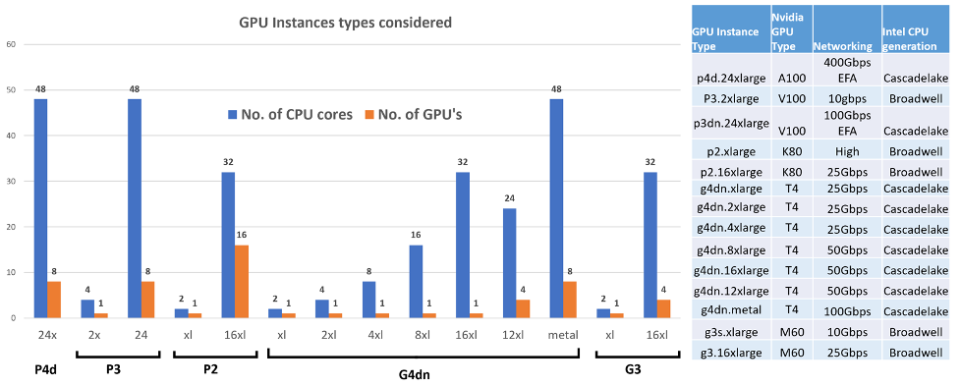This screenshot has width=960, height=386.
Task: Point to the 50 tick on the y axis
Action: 11,90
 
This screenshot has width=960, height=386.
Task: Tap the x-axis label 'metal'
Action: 564,334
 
